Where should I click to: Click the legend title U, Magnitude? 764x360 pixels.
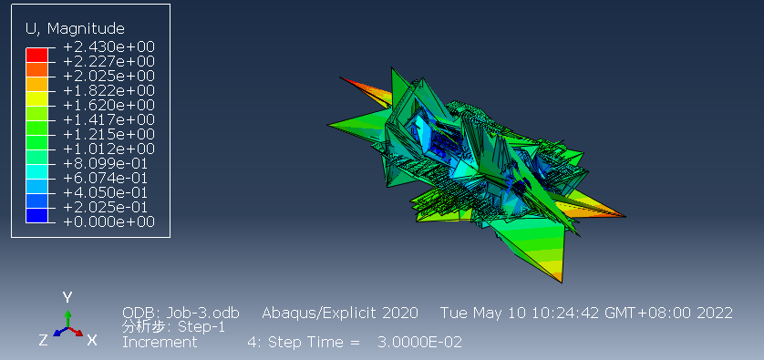click(x=75, y=29)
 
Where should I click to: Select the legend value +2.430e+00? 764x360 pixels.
click(x=109, y=47)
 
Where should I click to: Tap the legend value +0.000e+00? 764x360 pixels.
click(x=109, y=222)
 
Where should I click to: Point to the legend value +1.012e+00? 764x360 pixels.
click(x=109, y=149)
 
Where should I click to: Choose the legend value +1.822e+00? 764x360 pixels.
click(x=109, y=90)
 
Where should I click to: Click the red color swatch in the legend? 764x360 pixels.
click(x=37, y=55)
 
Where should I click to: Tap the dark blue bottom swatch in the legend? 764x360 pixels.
click(x=37, y=215)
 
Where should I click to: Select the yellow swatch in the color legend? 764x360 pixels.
click(x=37, y=98)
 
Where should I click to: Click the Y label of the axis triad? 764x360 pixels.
click(x=67, y=297)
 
